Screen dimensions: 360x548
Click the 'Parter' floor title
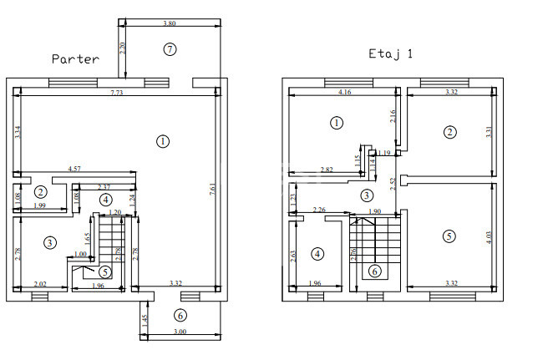pos(75,59)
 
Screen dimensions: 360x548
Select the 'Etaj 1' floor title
pos(391,53)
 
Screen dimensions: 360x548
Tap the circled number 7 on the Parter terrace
pos(170,49)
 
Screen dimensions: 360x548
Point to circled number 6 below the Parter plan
pos(180,316)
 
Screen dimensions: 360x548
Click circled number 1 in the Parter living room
pos(162,141)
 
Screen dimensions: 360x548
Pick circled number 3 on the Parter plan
pos(50,242)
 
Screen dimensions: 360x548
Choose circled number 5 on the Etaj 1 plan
pos(449,236)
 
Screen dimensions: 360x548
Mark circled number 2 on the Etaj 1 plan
pos(450,132)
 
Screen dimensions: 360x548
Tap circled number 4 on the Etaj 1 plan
pos(317,253)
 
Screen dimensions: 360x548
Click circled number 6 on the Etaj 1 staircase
pos(374,271)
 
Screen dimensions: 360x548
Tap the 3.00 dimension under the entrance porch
pos(180,333)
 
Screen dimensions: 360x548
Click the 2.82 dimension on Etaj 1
pos(327,170)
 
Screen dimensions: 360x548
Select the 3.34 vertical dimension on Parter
pos(18,131)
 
